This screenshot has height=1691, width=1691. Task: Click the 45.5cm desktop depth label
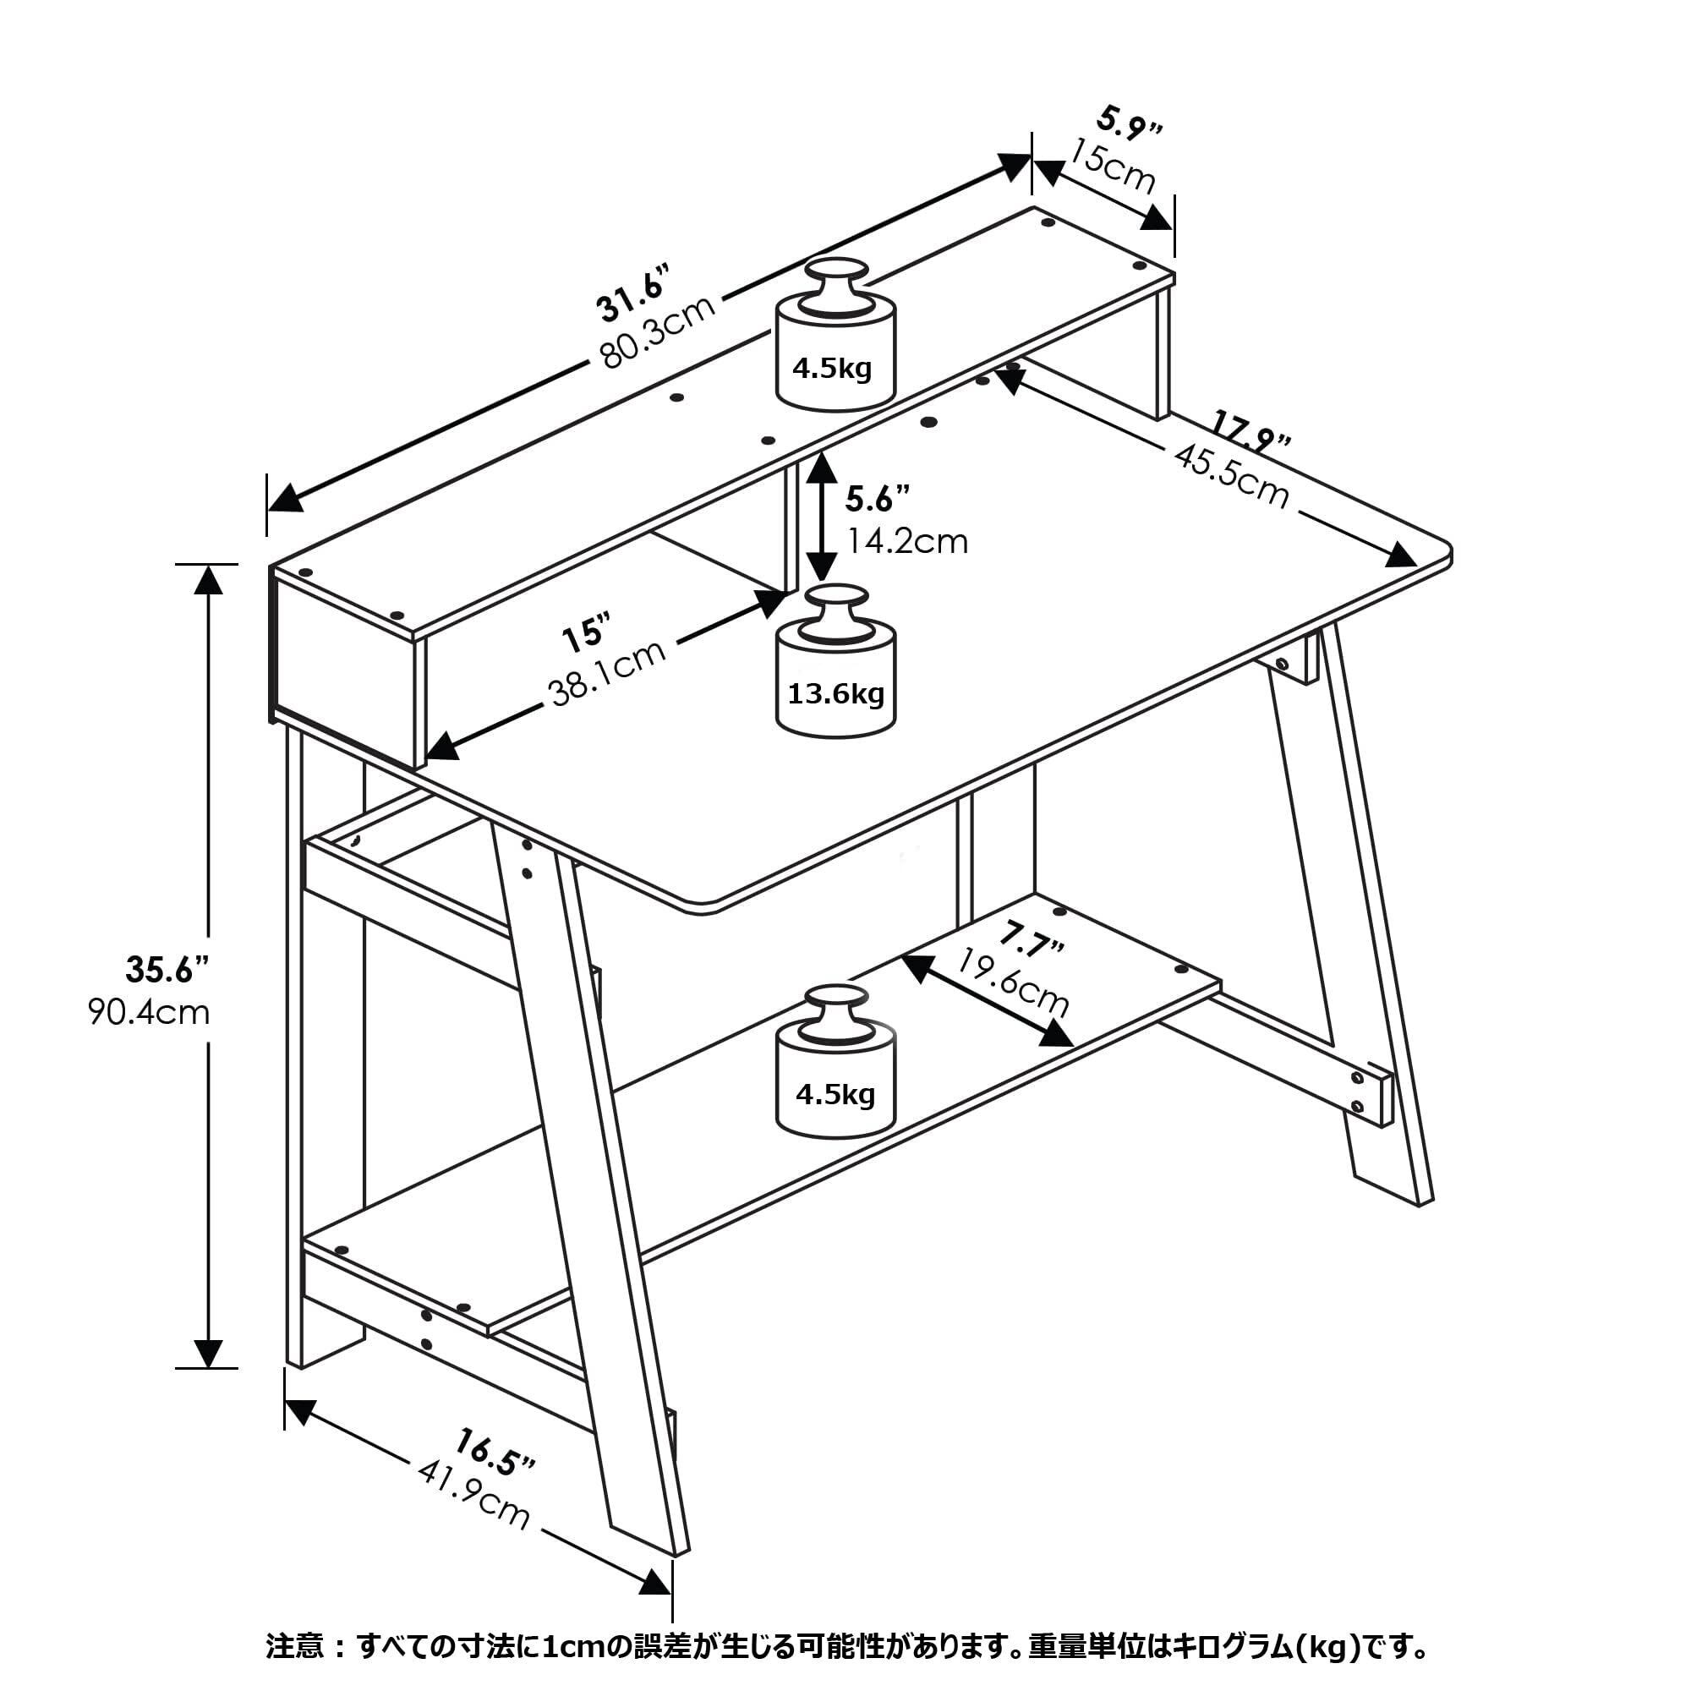(1232, 477)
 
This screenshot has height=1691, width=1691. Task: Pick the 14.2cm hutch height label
(906, 542)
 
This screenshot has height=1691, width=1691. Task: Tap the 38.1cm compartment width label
(607, 671)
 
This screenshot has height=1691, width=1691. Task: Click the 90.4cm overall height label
(149, 1013)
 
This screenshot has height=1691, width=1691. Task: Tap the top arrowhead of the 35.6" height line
(208, 580)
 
